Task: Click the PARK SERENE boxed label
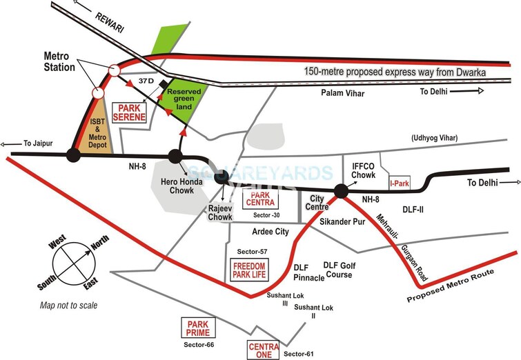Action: coord(132,113)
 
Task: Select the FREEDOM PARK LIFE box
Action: coord(250,269)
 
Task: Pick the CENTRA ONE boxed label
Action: coord(264,350)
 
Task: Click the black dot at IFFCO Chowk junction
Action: coord(340,191)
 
